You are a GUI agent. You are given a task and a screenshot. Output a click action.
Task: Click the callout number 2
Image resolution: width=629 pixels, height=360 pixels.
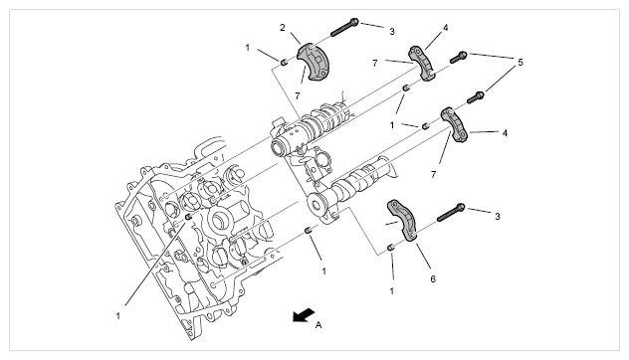point(283,28)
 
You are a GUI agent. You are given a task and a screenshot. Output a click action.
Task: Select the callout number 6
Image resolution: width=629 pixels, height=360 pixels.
point(433,278)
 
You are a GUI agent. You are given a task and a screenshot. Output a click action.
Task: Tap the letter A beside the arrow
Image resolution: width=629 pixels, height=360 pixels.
point(318,325)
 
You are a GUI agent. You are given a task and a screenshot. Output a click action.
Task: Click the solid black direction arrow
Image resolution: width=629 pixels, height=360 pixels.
point(304,314)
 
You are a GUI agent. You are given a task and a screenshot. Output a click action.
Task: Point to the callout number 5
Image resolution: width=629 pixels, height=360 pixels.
point(521,62)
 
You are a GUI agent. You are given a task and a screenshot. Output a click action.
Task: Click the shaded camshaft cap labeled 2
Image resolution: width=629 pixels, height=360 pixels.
point(313,61)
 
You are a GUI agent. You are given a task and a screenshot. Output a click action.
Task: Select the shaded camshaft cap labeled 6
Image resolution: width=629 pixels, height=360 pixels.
point(403,221)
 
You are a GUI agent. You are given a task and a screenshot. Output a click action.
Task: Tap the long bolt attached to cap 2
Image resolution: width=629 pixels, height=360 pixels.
point(344,27)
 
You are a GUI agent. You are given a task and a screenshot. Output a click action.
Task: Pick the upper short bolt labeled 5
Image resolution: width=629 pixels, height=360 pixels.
point(458,58)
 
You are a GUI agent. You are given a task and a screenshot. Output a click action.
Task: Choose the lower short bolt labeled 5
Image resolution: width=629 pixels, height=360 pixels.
point(476,97)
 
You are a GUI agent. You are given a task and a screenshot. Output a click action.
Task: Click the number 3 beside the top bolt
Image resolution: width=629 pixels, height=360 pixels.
point(392,31)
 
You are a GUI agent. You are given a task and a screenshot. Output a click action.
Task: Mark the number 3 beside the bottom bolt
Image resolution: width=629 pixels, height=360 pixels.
point(498,217)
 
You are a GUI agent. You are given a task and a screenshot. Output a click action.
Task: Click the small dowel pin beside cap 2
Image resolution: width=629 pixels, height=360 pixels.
point(284,62)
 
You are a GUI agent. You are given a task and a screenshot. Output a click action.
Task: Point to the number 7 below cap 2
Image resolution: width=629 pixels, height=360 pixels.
point(298,96)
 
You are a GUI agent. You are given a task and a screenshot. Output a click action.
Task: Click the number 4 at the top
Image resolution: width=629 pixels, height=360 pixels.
point(445,28)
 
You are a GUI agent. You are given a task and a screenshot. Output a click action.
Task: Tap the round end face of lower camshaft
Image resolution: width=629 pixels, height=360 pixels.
point(317,205)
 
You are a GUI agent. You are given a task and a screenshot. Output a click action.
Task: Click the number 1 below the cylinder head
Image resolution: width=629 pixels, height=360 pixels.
point(118,316)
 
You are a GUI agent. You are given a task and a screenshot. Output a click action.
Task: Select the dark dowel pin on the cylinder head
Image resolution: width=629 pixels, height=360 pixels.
point(188,217)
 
